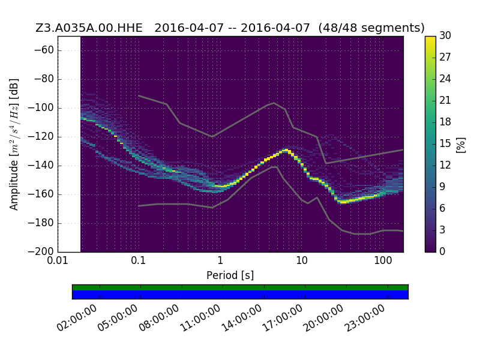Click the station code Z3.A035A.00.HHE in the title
click(x=89, y=28)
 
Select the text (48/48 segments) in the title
click(x=371, y=28)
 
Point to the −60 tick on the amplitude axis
click(x=44, y=50)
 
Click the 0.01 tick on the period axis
click(x=58, y=260)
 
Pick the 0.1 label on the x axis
click(x=139, y=260)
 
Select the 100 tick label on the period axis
click(x=383, y=260)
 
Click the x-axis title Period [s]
click(x=230, y=275)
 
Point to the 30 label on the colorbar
click(x=445, y=35)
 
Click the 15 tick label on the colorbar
click(x=445, y=143)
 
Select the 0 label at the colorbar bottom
click(x=442, y=251)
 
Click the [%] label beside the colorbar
click(x=460, y=145)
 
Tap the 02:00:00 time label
click(x=77, y=318)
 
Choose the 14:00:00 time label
click(x=242, y=318)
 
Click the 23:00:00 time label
click(x=365, y=318)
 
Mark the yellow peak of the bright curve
click(x=286, y=150)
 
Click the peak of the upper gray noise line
click(x=274, y=103)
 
